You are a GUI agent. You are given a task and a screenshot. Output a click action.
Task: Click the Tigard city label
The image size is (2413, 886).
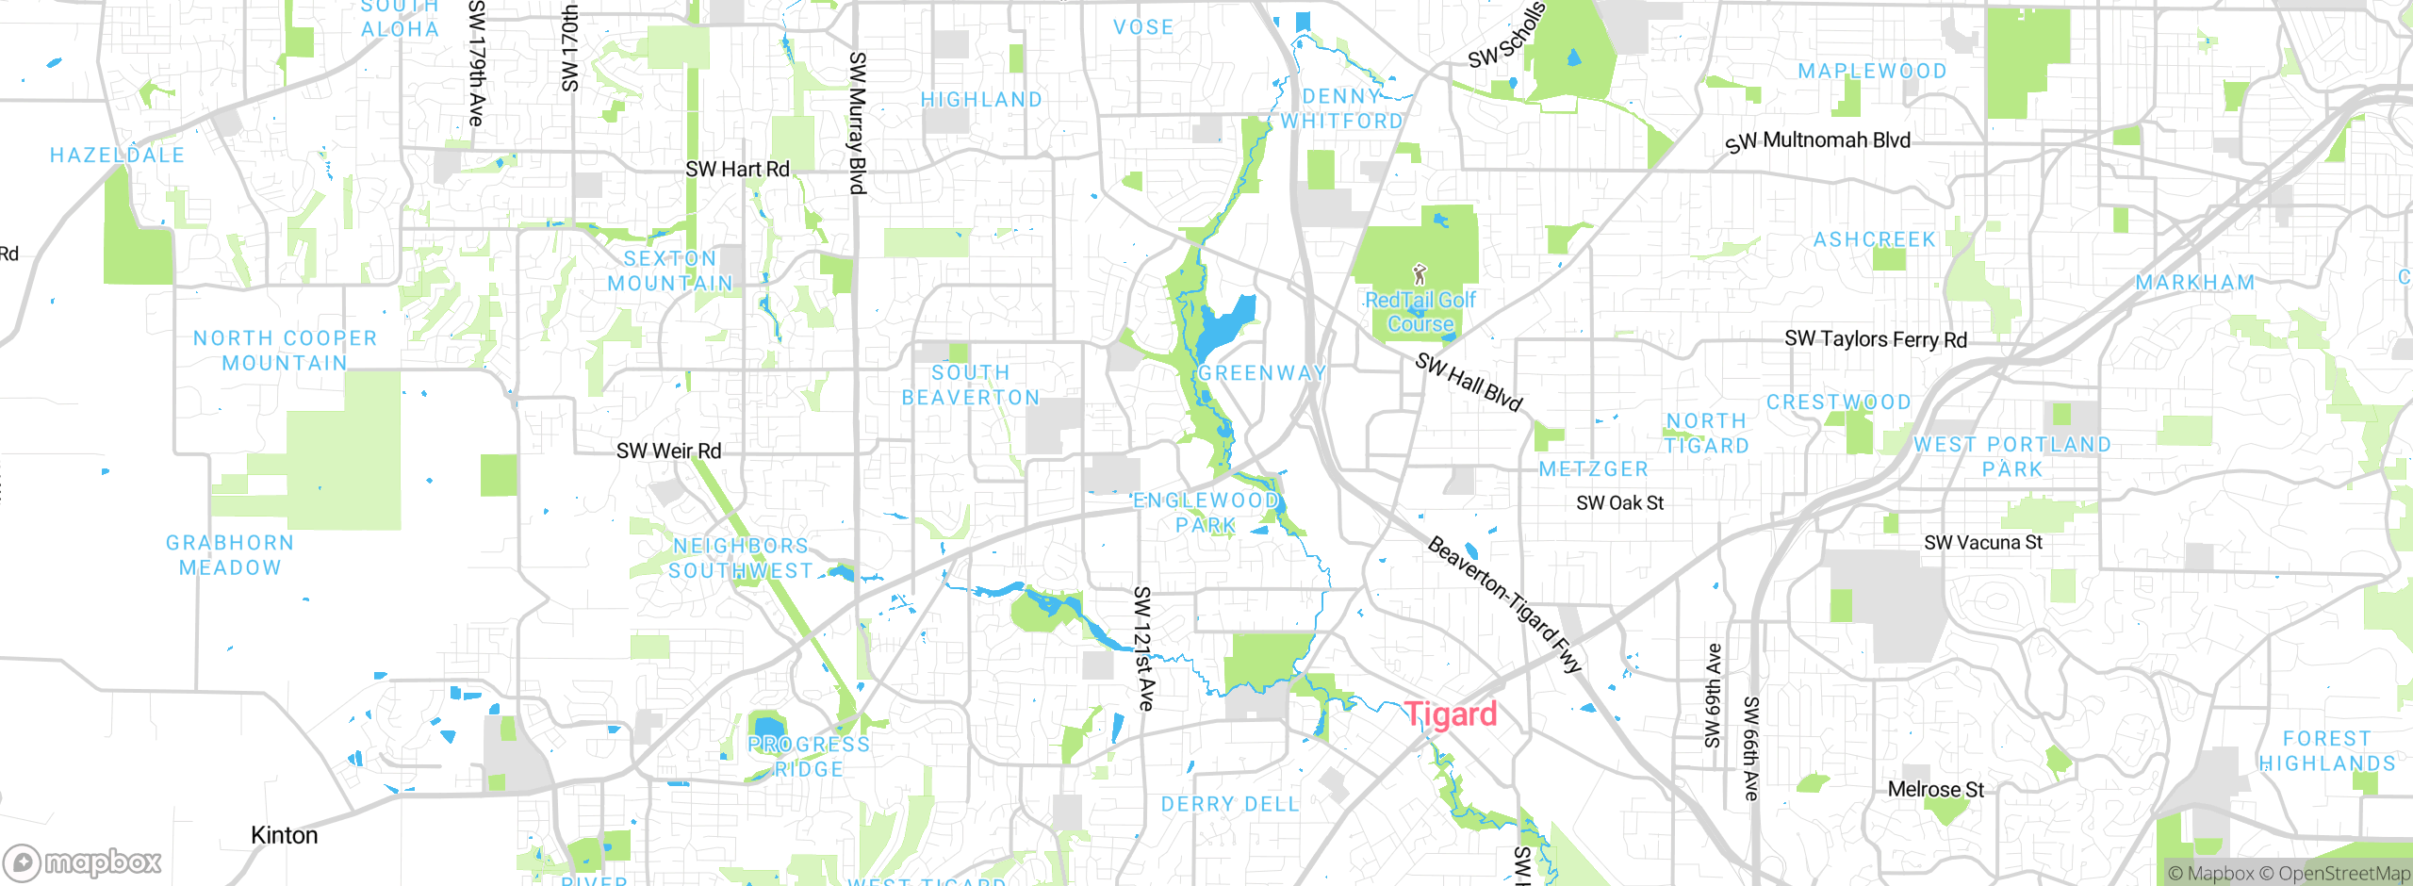click(x=1450, y=714)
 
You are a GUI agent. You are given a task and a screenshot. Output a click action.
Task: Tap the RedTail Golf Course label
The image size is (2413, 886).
click(x=1420, y=312)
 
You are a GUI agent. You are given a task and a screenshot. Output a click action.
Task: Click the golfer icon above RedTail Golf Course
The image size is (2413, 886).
click(x=1420, y=274)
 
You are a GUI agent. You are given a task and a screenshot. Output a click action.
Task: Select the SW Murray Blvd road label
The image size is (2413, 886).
click(x=857, y=123)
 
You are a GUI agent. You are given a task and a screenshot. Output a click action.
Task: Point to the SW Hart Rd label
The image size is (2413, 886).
click(x=737, y=170)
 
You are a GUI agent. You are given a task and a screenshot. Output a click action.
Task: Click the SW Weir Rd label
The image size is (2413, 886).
click(x=668, y=451)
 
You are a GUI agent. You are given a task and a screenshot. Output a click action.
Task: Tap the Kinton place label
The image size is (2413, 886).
click(x=284, y=836)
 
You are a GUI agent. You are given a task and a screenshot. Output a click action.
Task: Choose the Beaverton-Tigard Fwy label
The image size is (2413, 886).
click(x=1503, y=604)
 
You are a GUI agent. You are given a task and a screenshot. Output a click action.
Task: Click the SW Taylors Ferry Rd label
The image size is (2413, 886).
click(x=1875, y=339)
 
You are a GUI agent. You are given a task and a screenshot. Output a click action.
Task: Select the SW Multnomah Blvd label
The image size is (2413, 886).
click(x=1817, y=141)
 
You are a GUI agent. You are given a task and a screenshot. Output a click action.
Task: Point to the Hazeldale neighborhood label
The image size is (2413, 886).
click(x=117, y=156)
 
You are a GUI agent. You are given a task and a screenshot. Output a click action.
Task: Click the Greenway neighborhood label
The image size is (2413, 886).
click(x=1261, y=373)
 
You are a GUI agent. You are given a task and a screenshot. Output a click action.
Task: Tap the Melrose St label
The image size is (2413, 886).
click(x=1935, y=790)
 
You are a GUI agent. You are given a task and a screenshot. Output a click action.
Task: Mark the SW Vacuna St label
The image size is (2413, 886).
click(x=1982, y=543)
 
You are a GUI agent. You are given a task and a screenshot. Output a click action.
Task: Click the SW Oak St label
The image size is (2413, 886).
click(x=1619, y=503)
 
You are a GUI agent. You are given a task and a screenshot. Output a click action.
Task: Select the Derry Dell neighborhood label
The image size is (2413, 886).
click(x=1229, y=804)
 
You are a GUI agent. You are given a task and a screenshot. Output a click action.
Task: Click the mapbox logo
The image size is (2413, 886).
click(x=82, y=862)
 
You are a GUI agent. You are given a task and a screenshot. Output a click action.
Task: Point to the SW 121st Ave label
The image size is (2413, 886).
click(x=1142, y=648)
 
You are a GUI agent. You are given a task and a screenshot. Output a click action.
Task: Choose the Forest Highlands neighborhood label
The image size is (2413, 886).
click(x=2326, y=751)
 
